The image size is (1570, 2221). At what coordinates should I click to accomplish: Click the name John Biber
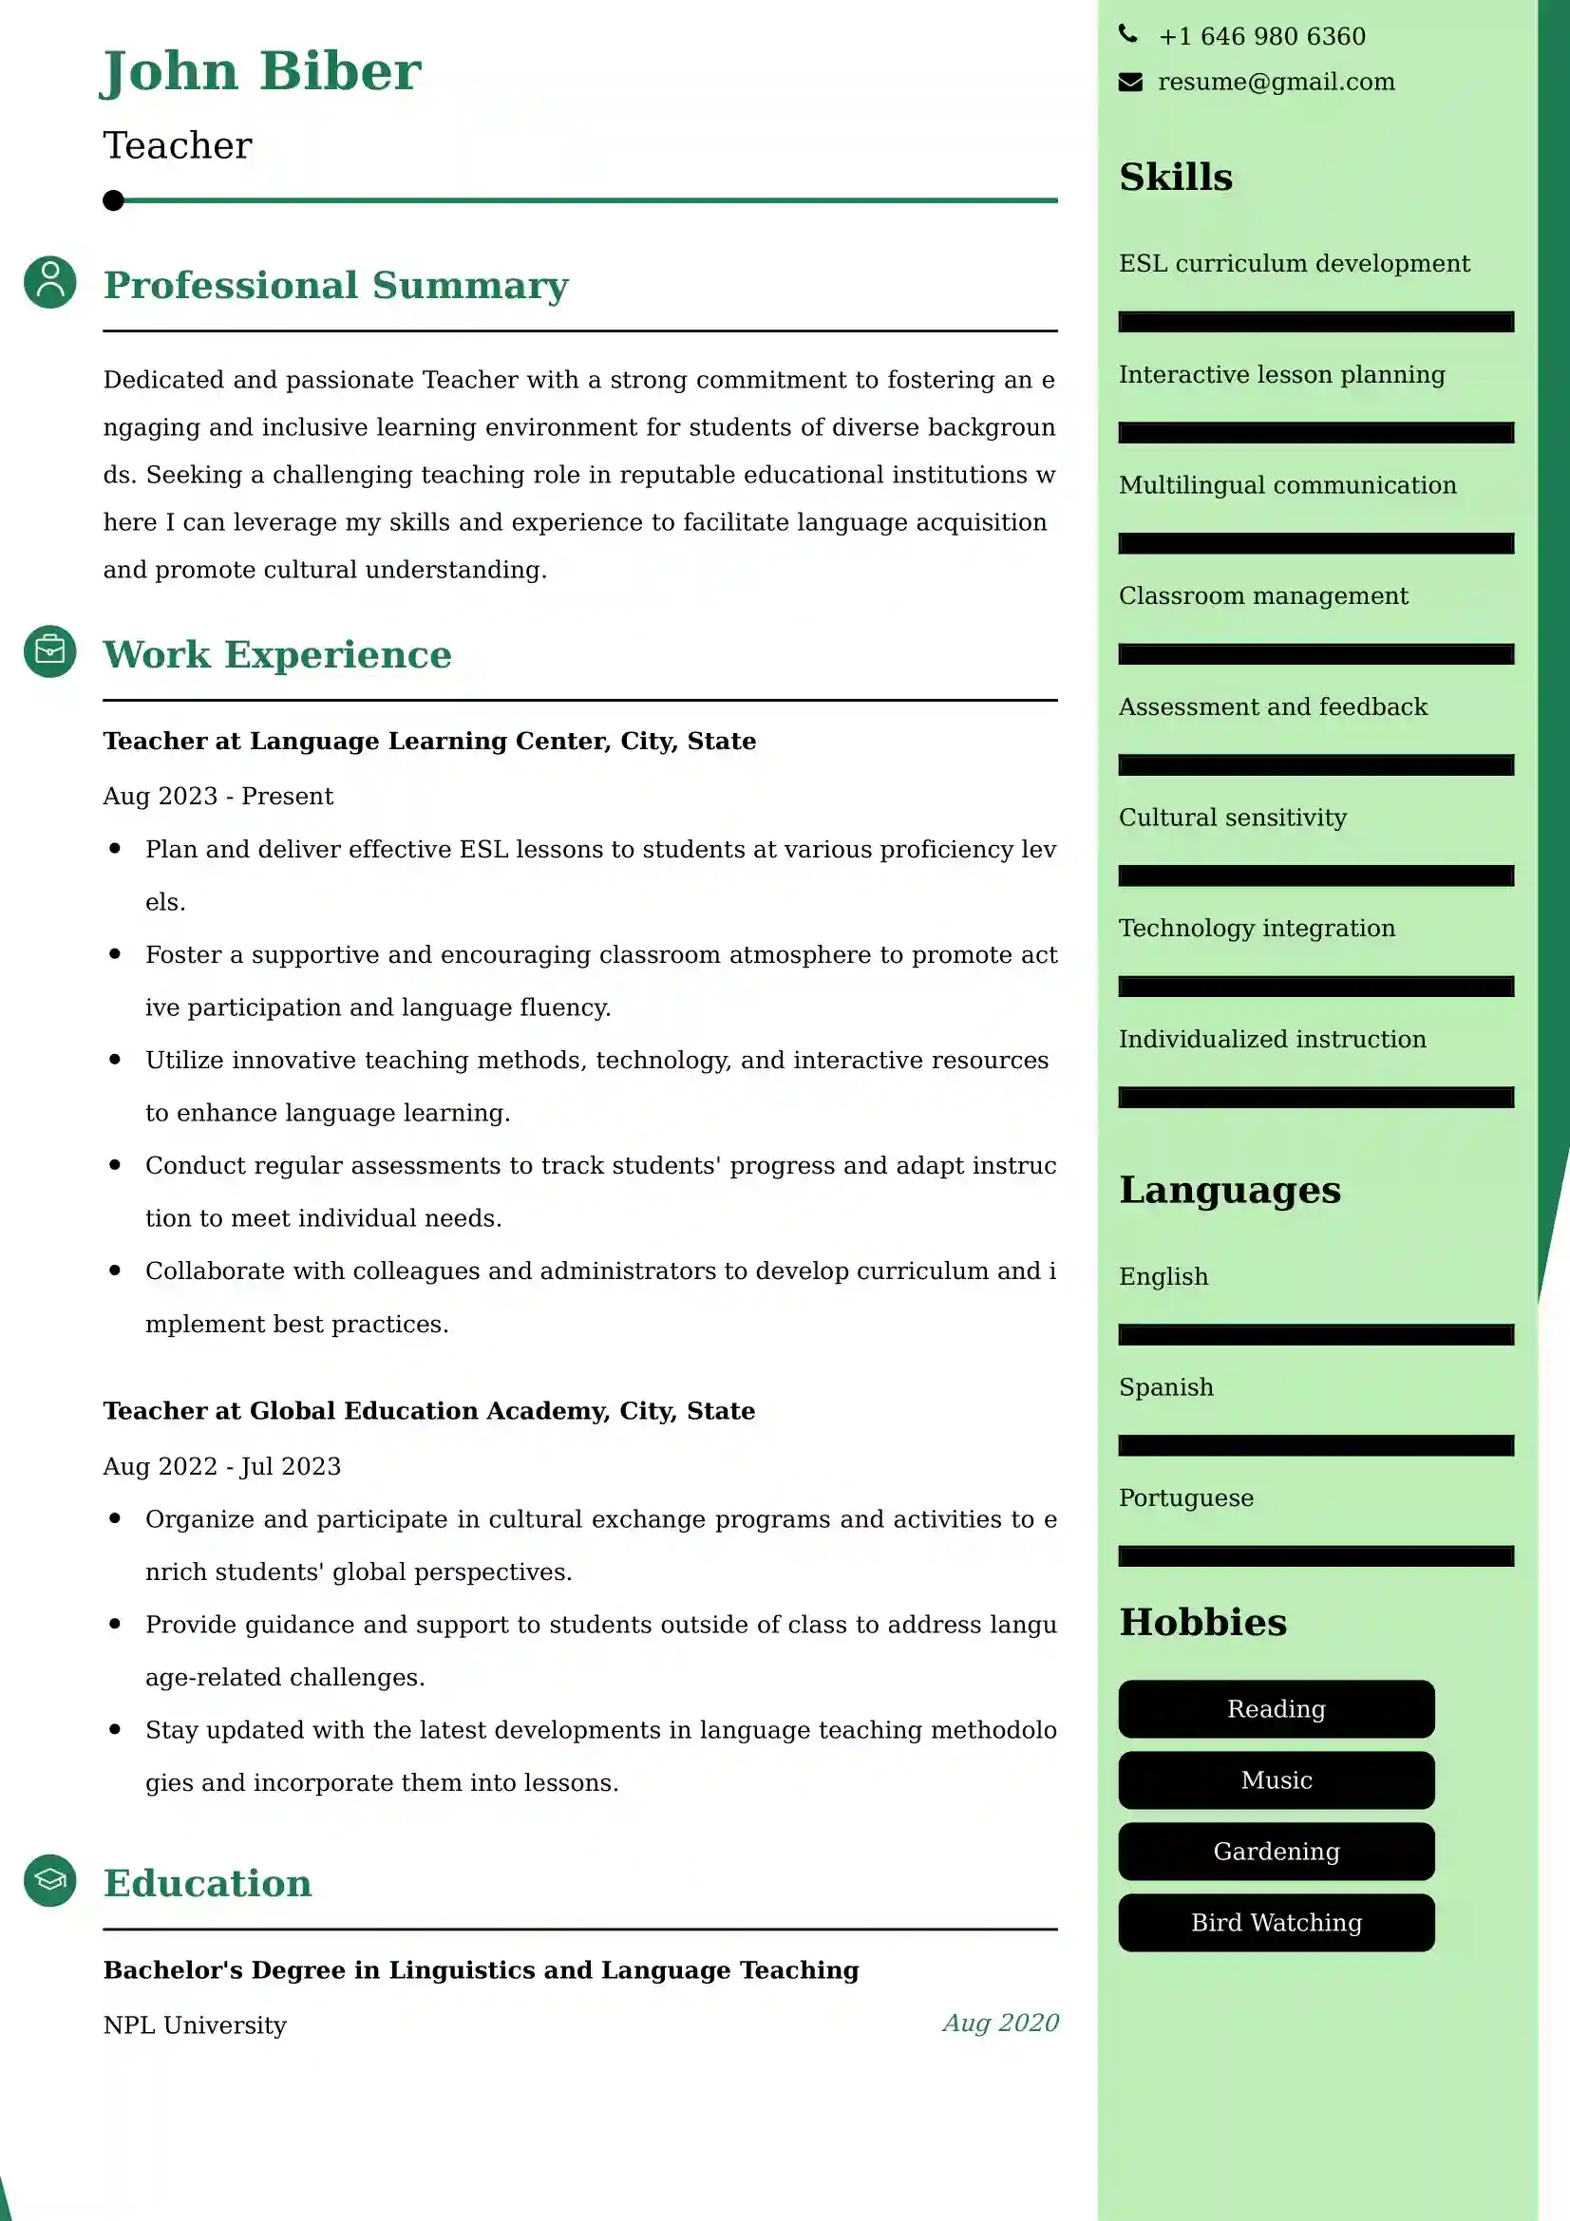coord(261,71)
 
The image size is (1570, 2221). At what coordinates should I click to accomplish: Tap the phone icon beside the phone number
coord(1128,35)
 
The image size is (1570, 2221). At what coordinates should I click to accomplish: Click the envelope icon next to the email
coord(1130,83)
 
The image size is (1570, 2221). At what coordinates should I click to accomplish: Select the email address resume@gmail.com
coord(1276,83)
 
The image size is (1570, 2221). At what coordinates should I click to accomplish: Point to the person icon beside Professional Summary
coord(50,282)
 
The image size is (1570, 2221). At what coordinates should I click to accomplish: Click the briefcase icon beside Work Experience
coord(50,651)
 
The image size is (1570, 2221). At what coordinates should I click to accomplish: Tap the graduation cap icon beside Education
coord(50,1879)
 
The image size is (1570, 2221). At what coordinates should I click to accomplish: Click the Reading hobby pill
coord(1276,1708)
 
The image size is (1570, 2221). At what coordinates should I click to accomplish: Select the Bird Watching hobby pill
coord(1276,1922)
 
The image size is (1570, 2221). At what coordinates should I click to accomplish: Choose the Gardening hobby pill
coord(1276,1851)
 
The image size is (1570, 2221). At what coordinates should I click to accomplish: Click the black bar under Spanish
coord(1315,1445)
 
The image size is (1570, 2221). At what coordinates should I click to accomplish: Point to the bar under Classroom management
coord(1315,654)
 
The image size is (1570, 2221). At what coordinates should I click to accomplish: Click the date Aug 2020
coord(1000,2023)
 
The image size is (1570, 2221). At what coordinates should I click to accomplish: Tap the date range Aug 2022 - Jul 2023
coord(222,1466)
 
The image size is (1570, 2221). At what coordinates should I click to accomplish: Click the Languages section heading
coord(1229,1190)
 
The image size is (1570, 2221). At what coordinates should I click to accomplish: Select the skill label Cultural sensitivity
coord(1233,818)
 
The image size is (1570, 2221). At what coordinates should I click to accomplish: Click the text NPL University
coord(196,2024)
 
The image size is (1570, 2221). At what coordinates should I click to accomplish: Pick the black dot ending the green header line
coord(113,200)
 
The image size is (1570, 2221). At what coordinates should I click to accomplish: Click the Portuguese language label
coord(1186,1497)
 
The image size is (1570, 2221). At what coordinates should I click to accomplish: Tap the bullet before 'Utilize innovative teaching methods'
coord(115,1060)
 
